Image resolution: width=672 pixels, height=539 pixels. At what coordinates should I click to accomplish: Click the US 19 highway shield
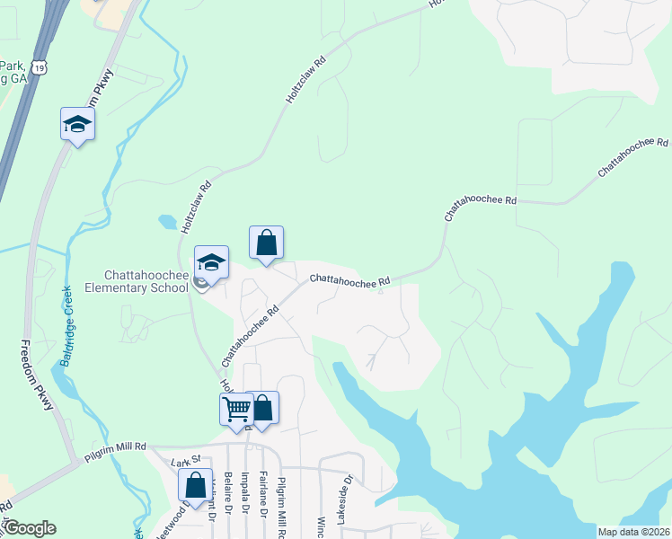(38, 67)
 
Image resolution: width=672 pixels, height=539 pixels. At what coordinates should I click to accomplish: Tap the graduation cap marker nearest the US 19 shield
(77, 123)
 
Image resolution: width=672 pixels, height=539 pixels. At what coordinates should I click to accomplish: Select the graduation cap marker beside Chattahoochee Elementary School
(211, 261)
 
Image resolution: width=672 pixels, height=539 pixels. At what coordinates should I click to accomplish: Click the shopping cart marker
(237, 409)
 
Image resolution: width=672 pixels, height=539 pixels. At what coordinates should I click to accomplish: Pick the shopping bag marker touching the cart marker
(263, 408)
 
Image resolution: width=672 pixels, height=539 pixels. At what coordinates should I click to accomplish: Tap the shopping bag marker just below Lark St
(195, 485)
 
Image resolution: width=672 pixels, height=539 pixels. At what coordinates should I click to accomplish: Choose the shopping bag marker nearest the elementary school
(266, 243)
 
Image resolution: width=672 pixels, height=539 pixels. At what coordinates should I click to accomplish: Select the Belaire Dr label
(230, 493)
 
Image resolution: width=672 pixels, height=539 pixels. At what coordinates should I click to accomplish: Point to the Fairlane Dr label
(264, 494)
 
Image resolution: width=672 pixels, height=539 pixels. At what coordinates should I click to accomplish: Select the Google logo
(30, 528)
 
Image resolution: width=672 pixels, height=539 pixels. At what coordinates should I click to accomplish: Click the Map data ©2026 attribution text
(634, 532)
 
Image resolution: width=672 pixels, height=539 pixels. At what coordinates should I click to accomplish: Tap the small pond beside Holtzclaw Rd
(168, 221)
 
